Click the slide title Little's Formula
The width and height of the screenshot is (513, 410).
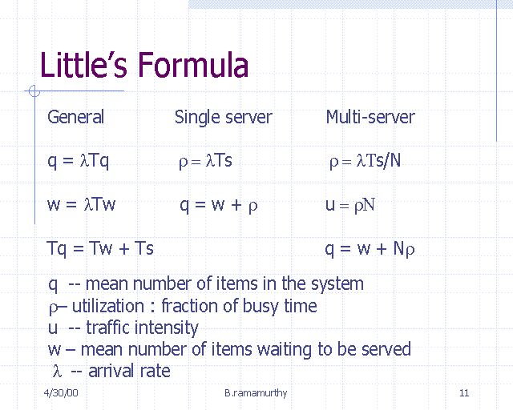(x=144, y=65)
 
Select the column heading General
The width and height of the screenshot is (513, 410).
(x=75, y=117)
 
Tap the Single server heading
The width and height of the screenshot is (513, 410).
(x=223, y=117)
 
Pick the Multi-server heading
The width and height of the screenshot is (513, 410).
(x=370, y=117)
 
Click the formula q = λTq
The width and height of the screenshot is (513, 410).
(x=79, y=161)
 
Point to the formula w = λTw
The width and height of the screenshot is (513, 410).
(x=82, y=204)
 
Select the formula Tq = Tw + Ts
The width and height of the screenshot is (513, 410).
(x=100, y=248)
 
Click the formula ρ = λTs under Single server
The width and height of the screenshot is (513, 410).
(x=205, y=161)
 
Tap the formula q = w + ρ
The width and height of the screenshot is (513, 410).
(x=218, y=205)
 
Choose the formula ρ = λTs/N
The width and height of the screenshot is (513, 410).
(x=365, y=161)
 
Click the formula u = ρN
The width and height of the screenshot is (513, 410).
(x=350, y=205)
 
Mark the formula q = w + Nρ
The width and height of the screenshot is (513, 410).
(x=370, y=249)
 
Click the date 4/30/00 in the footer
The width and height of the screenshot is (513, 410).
(x=61, y=392)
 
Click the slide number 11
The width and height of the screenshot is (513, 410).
(x=464, y=392)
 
